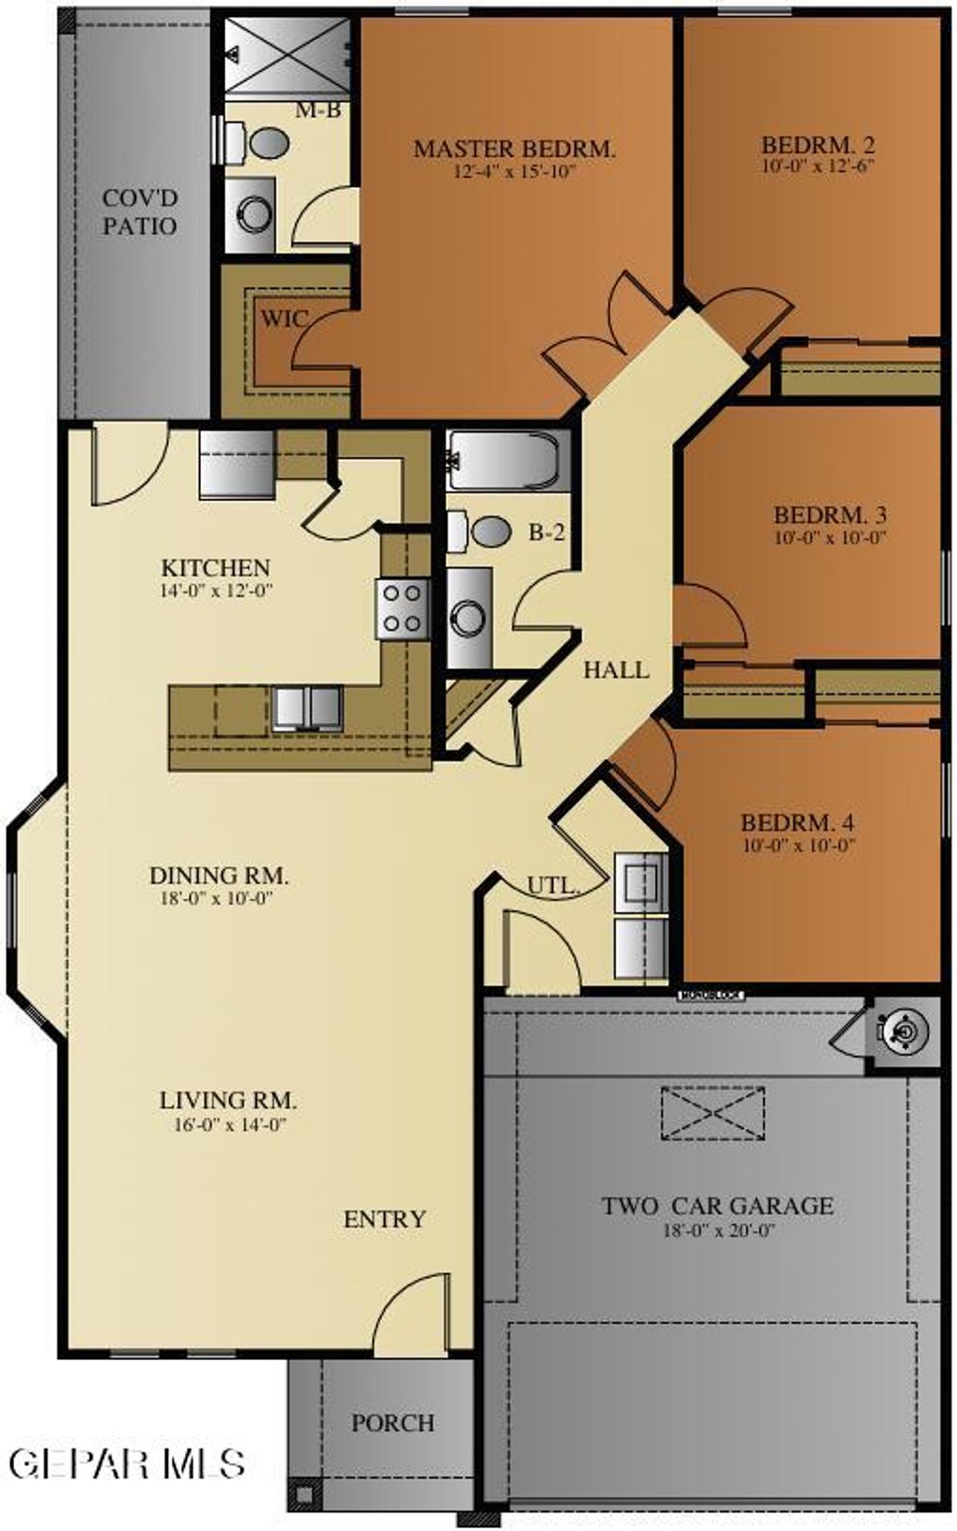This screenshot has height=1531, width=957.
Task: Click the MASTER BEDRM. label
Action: pos(514,149)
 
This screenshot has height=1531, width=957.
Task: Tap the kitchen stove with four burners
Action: pos(403,608)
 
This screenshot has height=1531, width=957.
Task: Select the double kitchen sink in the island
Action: pos(307,707)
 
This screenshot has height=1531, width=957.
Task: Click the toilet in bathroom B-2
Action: pos(484,532)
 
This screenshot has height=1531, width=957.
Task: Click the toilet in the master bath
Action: pos(262,143)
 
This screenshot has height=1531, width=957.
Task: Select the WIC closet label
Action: pos(282,319)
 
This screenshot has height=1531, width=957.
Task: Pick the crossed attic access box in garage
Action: pos(712,1113)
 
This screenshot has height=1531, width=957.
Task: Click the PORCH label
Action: pos(393,1423)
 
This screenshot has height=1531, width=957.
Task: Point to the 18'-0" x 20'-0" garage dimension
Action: pos(719,1231)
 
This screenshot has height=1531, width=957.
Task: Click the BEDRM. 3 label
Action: pos(830,515)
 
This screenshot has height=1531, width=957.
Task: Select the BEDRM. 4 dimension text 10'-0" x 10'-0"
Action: pos(799,846)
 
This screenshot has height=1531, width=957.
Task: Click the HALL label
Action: pos(616,669)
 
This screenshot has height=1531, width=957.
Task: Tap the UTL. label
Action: pos(552,885)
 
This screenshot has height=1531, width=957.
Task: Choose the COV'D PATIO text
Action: pos(139,212)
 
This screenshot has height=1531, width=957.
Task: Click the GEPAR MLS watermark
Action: pos(128,1463)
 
